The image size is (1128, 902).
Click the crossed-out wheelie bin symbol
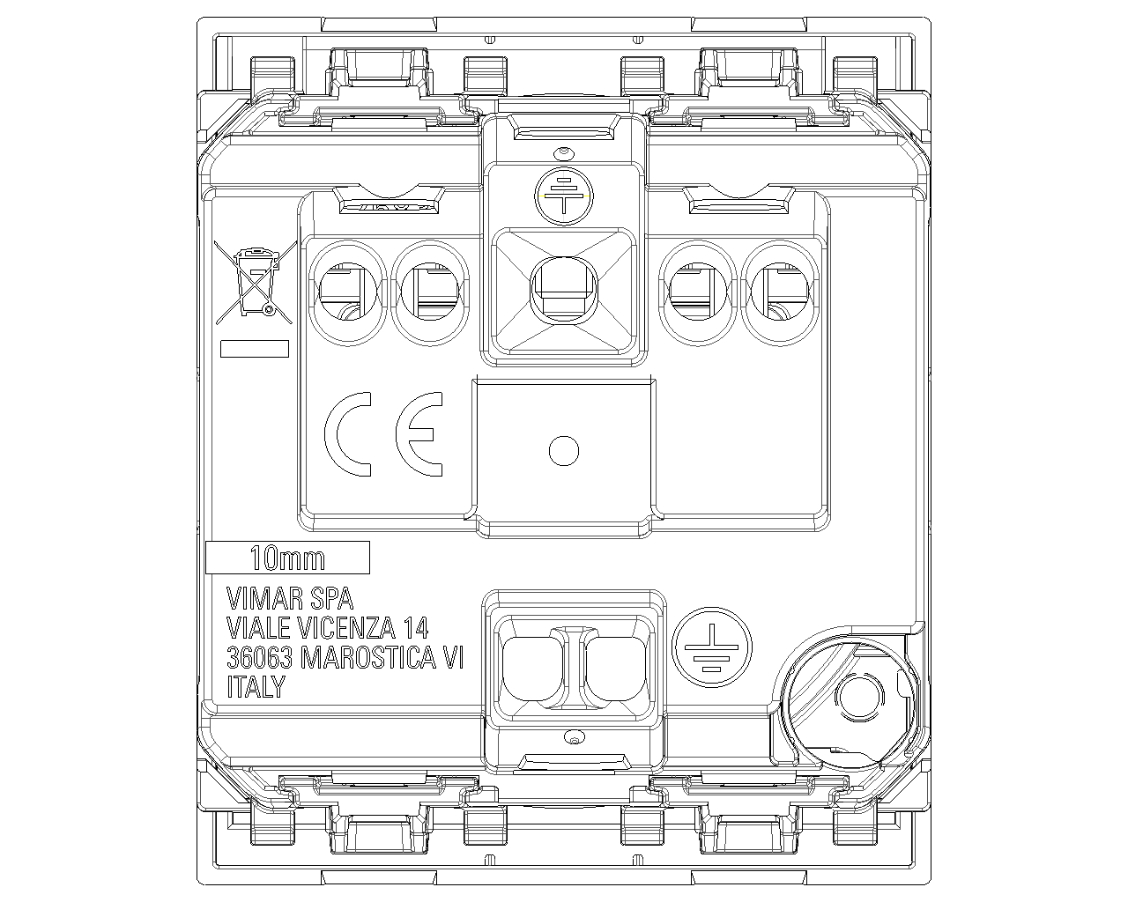coord(254,283)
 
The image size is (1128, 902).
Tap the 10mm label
coord(287,558)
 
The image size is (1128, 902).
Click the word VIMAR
coord(264,598)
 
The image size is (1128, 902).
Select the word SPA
coord(332,598)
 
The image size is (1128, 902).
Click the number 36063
coord(259,657)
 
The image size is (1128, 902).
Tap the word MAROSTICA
coord(368,657)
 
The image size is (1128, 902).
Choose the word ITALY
coord(256,686)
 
